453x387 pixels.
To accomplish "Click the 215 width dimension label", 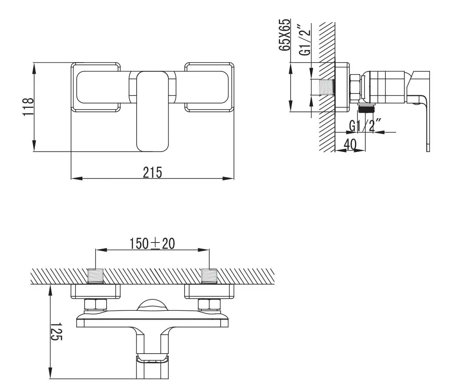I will tap(152, 172).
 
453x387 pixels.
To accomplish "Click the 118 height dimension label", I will tap(28, 107).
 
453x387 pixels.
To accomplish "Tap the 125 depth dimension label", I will tap(56, 331).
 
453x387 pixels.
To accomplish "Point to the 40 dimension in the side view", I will tap(350, 144).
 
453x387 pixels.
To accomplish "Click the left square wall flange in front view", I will tap(96, 87).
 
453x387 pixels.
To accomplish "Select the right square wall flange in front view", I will tap(210, 87).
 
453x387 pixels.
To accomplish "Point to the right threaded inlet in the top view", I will tap(209, 276).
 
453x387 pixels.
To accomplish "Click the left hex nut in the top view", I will tap(96, 305).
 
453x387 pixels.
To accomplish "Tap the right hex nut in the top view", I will tap(209, 305).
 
